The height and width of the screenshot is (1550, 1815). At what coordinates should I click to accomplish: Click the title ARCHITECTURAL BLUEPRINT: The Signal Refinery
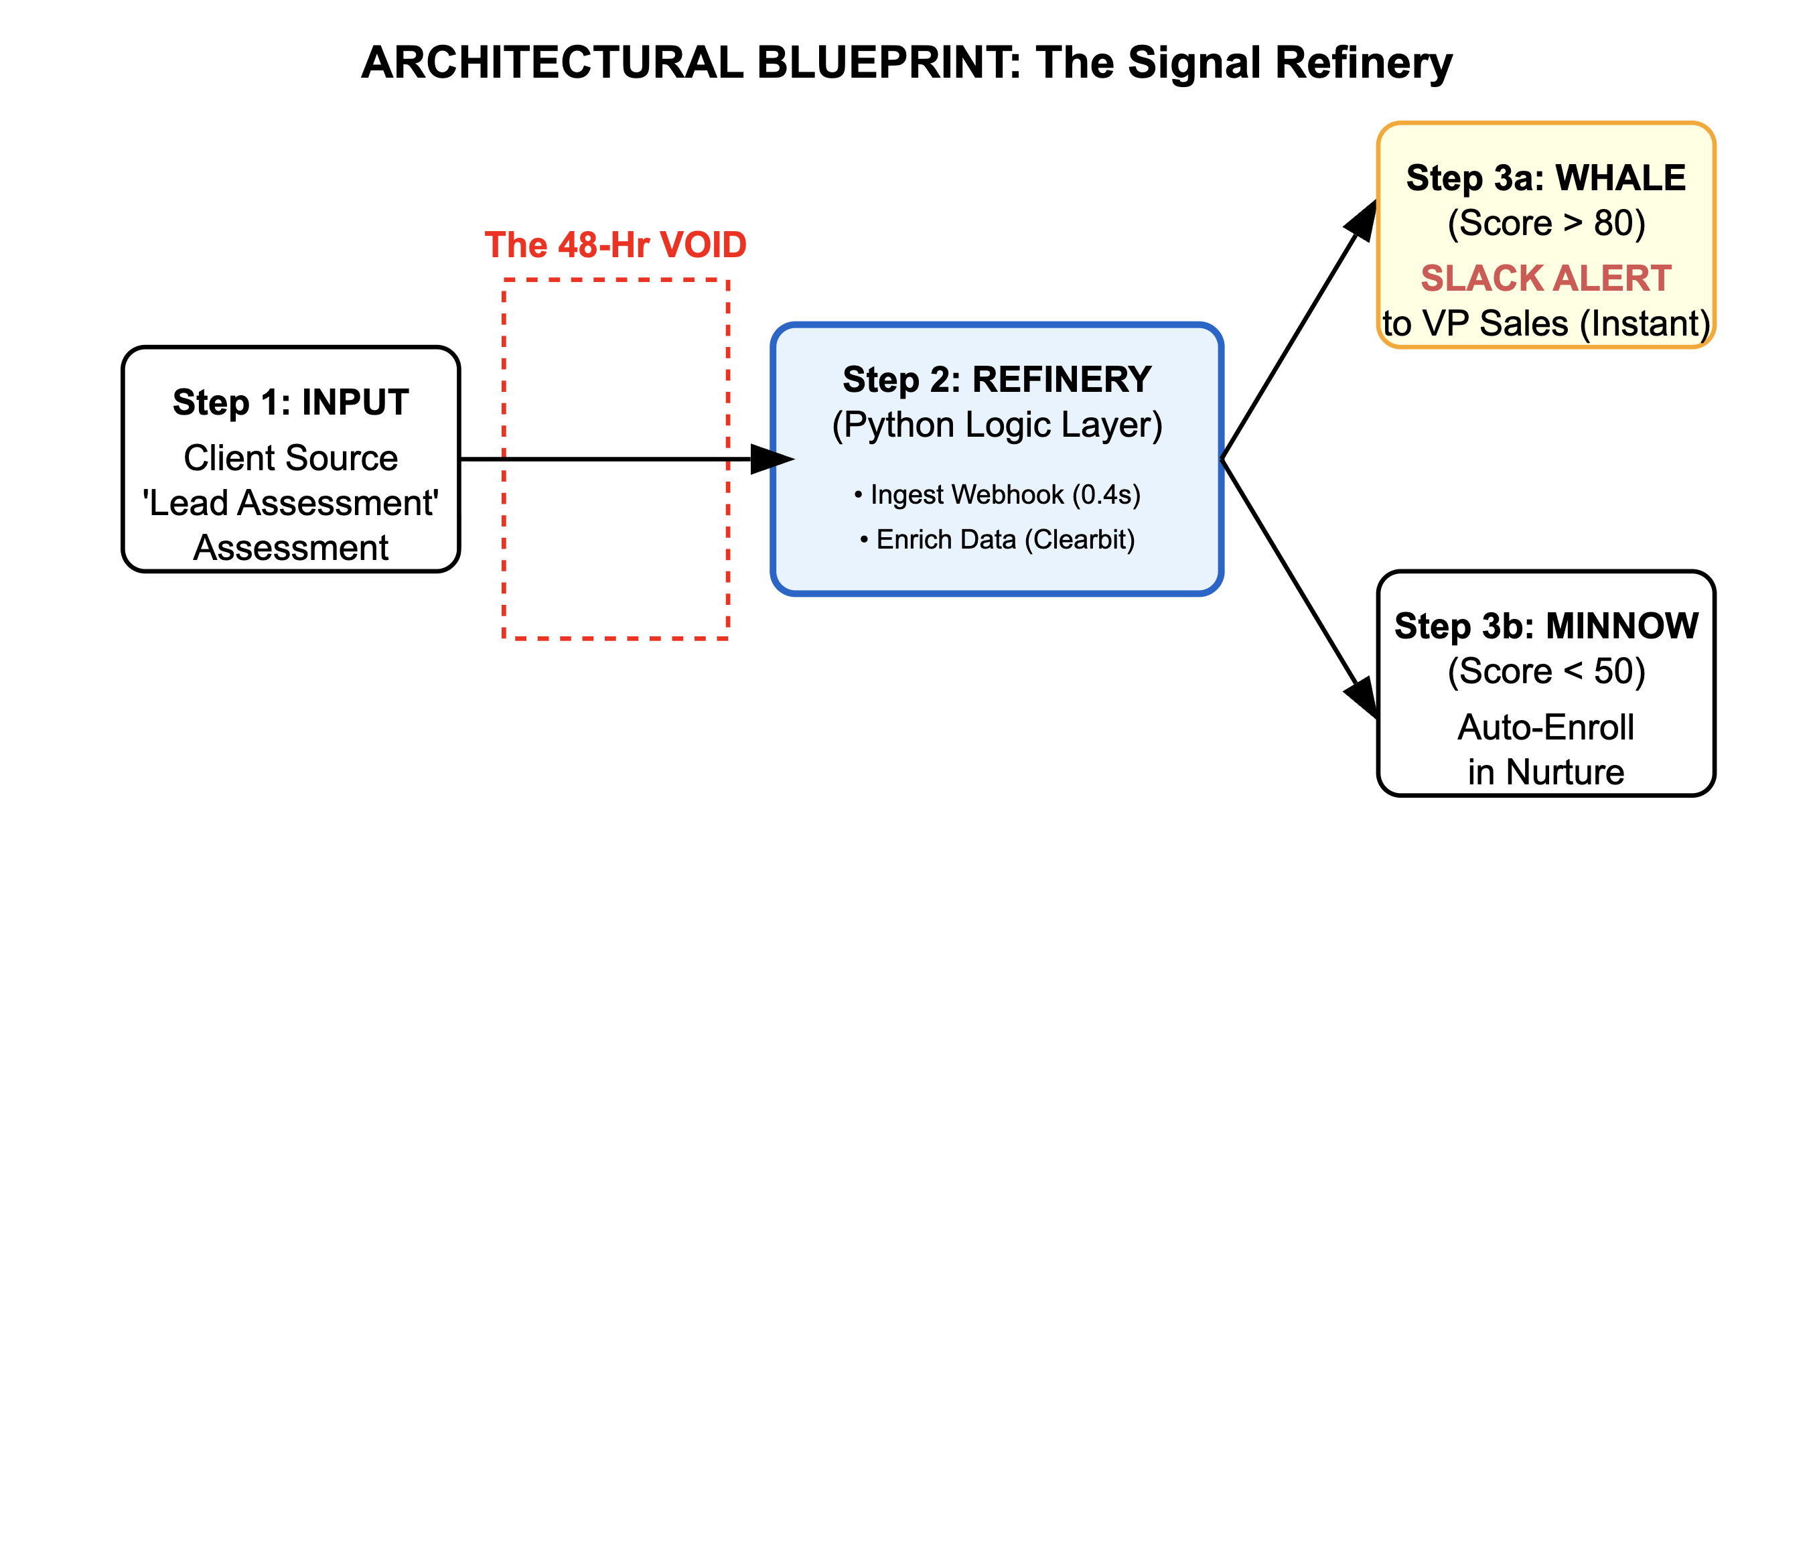click(907, 63)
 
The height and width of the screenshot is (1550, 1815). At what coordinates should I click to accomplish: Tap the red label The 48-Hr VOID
click(615, 244)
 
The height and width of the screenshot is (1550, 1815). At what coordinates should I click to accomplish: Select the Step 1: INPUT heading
click(291, 402)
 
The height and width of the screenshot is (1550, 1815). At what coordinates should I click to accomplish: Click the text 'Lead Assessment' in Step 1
click(291, 503)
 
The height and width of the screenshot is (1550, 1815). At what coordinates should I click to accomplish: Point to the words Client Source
click(291, 458)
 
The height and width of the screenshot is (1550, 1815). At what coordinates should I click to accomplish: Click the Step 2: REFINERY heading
click(997, 379)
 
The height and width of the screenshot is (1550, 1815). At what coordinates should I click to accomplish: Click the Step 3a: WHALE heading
click(1545, 178)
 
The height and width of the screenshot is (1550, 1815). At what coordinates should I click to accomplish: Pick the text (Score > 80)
click(1545, 224)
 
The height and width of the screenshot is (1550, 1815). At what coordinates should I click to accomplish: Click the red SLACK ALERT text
click(1545, 279)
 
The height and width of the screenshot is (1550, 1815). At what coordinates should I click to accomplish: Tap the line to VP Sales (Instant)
click(1545, 324)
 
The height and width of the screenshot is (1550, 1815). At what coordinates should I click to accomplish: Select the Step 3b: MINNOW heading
click(1545, 626)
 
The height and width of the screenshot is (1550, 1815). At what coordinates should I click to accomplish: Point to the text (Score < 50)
click(1545, 672)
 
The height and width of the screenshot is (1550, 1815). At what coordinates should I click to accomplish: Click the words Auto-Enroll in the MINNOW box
click(1545, 727)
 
